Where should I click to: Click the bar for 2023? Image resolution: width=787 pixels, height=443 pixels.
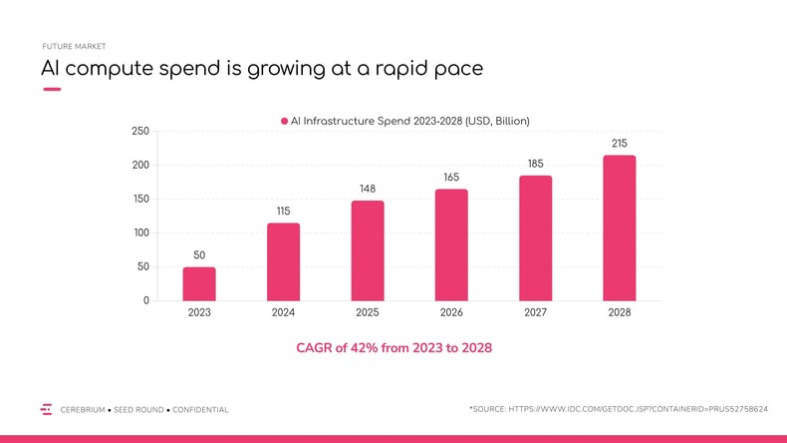pos(199,283)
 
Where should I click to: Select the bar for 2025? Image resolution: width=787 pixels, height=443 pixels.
pos(368,250)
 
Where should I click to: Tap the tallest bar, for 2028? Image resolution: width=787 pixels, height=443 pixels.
pos(620,227)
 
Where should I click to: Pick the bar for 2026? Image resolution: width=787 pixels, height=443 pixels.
pos(451,244)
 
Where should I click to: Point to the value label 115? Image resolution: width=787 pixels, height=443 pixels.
pos(283,211)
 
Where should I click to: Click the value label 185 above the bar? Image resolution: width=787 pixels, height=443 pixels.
pos(535,164)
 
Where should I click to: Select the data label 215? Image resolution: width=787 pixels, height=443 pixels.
pos(620,143)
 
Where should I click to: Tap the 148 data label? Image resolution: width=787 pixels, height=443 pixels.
pos(368,189)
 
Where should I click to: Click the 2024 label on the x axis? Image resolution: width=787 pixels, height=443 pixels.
pos(283,312)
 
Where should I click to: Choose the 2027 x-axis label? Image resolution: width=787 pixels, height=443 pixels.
pos(535,312)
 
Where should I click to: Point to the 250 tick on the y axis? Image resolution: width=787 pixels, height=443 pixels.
pos(140,132)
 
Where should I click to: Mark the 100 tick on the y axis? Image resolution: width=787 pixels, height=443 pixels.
pos(140,233)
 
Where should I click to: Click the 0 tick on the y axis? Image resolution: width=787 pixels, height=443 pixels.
pos(145,301)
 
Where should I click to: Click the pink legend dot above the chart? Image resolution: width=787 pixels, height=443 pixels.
pos(284,121)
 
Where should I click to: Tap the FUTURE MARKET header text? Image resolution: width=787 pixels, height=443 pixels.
pos(74,46)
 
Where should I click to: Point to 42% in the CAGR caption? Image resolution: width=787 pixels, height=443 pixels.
pos(380,349)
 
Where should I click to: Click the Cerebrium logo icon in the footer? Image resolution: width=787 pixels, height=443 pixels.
pos(46,409)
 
